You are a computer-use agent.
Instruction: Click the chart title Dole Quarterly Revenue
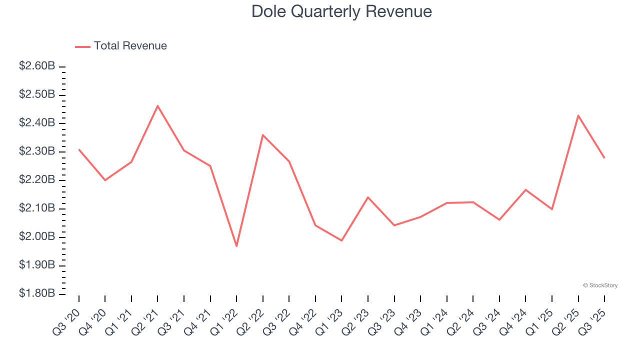pyautogui.click(x=341, y=11)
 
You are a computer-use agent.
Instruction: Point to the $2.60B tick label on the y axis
pyautogui.click(x=37, y=66)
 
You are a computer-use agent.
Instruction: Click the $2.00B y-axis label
pyautogui.click(x=37, y=236)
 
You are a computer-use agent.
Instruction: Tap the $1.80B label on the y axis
pyautogui.click(x=37, y=293)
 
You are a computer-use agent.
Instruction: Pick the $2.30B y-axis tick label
pyautogui.click(x=37, y=151)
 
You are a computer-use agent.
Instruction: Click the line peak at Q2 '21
pyautogui.click(x=157, y=106)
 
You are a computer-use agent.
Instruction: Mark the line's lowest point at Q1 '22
pyautogui.click(x=236, y=246)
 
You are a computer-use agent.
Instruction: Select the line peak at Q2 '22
pyautogui.click(x=263, y=135)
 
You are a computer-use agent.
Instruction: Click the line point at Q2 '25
pyautogui.click(x=578, y=115)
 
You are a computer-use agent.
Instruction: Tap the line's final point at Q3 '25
pyautogui.click(x=604, y=158)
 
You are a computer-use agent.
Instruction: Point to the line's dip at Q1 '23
pyautogui.click(x=341, y=240)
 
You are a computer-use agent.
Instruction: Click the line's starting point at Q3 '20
pyautogui.click(x=79, y=149)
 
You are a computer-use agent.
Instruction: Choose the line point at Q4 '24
pyautogui.click(x=526, y=189)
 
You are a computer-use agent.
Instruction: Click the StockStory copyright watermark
pyautogui.click(x=600, y=285)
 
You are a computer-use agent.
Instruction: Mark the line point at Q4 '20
pyautogui.click(x=105, y=180)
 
